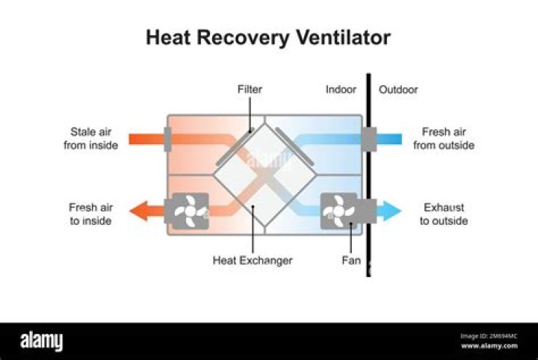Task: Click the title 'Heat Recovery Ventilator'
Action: point(268,37)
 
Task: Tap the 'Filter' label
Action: point(250,90)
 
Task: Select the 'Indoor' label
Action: point(341,90)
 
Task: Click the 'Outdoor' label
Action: point(398,90)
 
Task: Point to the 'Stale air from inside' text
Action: point(90,138)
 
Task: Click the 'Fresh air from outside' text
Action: point(444,138)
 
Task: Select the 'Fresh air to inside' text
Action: point(90,214)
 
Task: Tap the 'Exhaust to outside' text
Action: point(444,214)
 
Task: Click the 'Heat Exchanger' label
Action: point(253,261)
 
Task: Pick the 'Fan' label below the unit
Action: point(350,261)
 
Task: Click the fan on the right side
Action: point(338,211)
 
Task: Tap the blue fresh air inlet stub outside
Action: point(389,138)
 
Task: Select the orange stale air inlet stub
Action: point(146,138)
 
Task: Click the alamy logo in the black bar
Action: point(42,341)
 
